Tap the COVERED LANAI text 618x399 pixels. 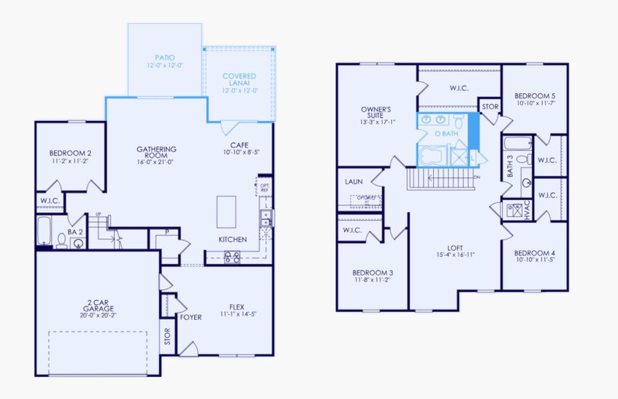(239, 76)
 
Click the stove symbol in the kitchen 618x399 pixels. (232, 257)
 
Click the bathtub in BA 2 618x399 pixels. (45, 230)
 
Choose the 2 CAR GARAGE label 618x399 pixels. (99, 305)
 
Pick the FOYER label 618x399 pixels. (190, 317)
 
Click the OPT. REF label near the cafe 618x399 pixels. (264, 187)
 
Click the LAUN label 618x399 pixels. (353, 181)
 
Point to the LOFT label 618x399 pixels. (456, 247)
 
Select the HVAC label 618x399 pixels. (528, 211)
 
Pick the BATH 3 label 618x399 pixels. (510, 166)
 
